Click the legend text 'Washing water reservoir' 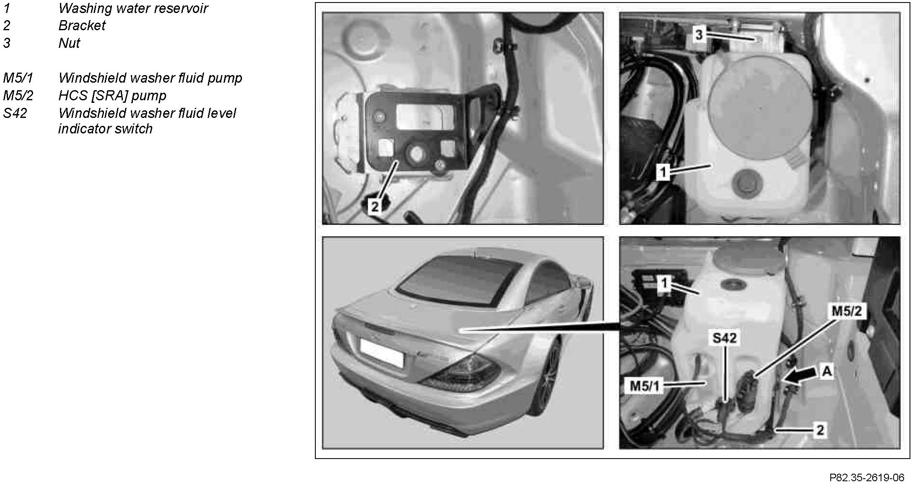coord(133,8)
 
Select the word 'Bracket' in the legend coord(82,26)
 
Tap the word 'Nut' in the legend coord(69,43)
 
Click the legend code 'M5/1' coord(18,78)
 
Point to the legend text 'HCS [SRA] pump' coord(112,96)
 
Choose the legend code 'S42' coord(15,113)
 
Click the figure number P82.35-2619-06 coord(867,477)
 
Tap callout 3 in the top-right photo coord(698,35)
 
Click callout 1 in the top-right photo coord(663,172)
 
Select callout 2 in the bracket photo coord(375,206)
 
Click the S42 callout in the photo coord(724,338)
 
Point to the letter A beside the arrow coord(827,371)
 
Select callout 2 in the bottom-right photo coord(820,430)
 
